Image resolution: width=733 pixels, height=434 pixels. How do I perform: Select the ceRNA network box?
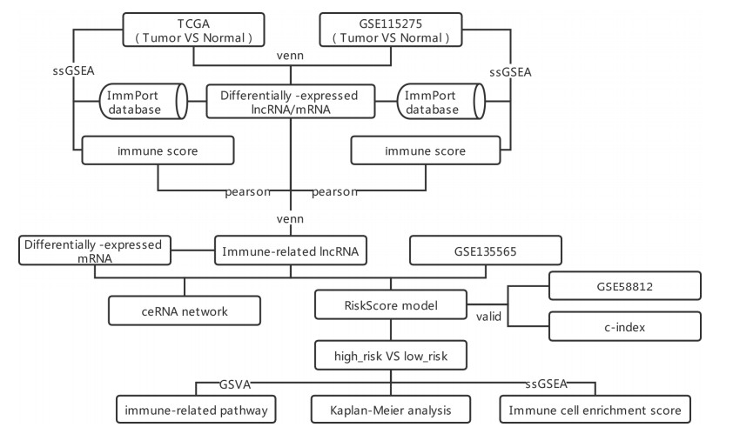click(x=184, y=309)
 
